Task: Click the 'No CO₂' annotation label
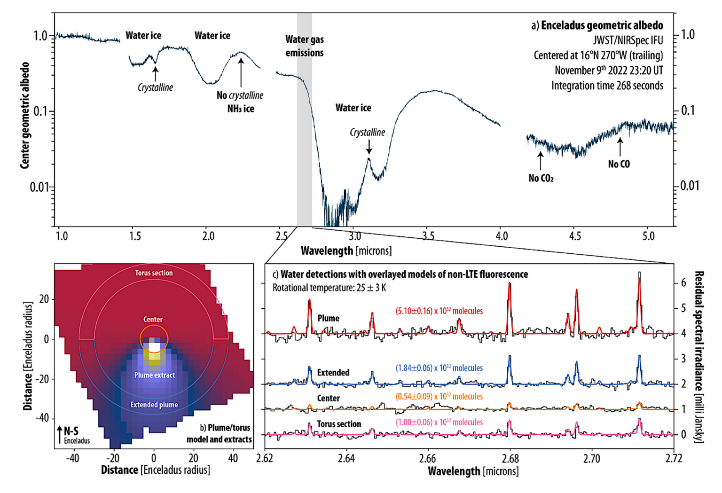pos(541,178)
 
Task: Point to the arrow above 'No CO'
pos(620,147)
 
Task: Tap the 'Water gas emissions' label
pos(305,46)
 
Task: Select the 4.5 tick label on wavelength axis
pos(575,236)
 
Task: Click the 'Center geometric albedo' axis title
pos(25,116)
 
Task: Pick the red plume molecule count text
pos(439,311)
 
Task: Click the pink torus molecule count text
pos(439,423)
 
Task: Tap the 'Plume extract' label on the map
pos(154,375)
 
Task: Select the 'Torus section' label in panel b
pos(154,273)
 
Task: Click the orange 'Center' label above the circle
pos(153,320)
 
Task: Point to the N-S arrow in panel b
pos(59,435)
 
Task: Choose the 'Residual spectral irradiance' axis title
pos(699,357)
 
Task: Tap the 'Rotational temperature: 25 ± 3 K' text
pos(329,288)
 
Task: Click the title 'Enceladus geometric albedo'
pos(602,25)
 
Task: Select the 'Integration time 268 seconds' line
pos(607,86)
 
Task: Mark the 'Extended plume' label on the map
pos(154,405)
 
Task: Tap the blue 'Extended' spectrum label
pos(333,373)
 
